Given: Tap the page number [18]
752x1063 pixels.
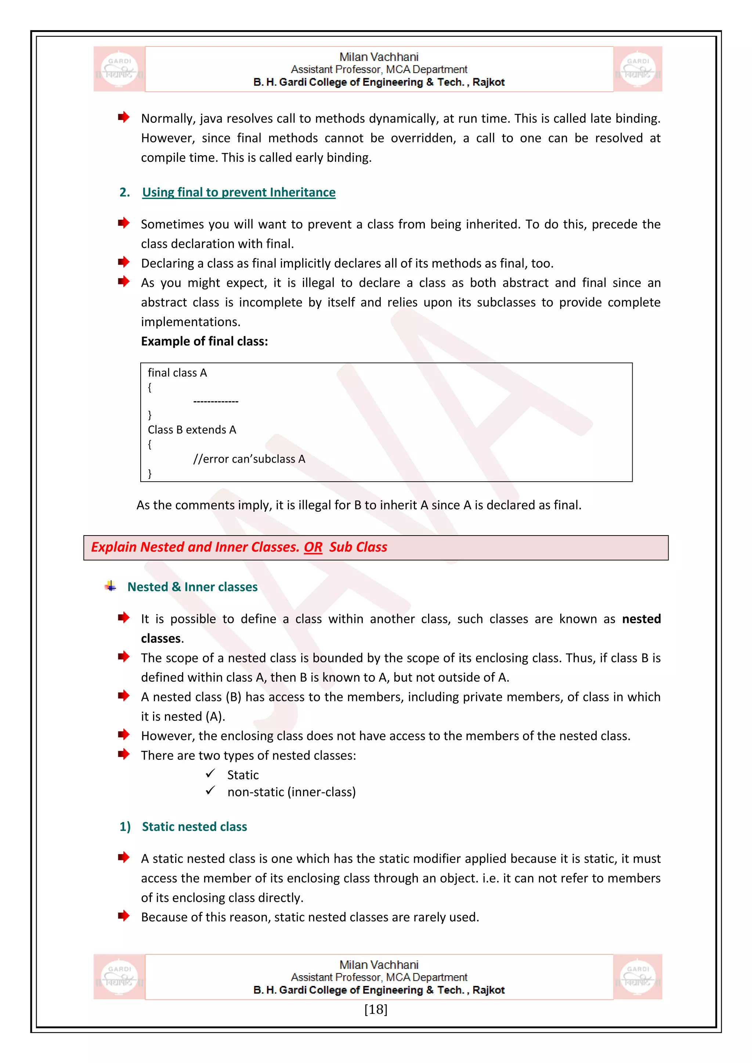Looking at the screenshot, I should tap(376, 1009).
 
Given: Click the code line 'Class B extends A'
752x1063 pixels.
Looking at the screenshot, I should tap(192, 430).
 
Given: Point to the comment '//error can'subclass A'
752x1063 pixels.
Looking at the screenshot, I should tap(249, 459).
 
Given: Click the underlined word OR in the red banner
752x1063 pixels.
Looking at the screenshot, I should tap(313, 547).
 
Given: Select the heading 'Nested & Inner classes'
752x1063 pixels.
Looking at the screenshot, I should tap(192, 587).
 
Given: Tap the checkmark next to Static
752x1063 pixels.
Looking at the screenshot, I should tap(211, 774).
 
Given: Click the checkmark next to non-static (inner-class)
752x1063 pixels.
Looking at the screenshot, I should tap(211, 790).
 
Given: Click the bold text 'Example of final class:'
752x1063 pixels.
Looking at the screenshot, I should tap(204, 342).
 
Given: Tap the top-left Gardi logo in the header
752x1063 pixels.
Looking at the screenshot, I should tap(119, 69).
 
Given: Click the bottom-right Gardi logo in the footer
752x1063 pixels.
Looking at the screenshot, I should tap(638, 977).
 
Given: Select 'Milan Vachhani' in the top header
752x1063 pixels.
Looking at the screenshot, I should tap(379, 57).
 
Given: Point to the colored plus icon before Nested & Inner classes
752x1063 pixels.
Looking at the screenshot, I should tap(111, 586).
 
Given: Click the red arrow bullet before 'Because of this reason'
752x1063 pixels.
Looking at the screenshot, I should tap(124, 916).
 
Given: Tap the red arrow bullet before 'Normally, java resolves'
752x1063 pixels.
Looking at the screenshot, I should tap(124, 117).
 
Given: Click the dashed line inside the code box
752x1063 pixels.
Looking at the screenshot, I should tap(216, 402).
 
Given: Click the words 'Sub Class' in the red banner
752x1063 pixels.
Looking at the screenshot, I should tap(358, 547).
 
